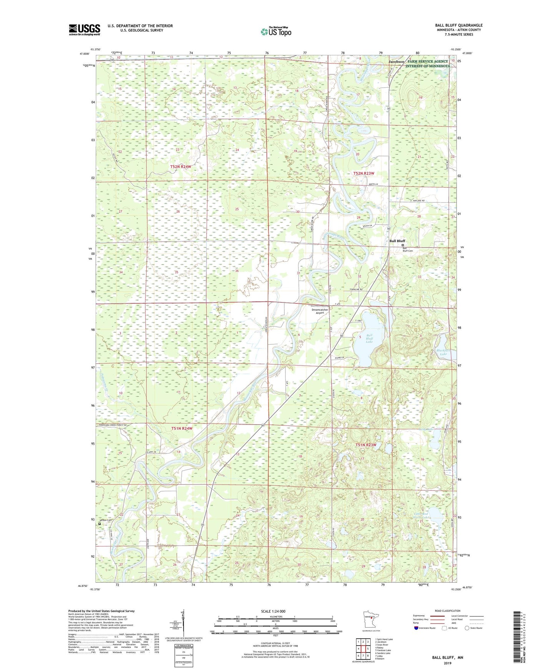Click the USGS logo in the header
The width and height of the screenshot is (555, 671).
pyautogui.click(x=84, y=30)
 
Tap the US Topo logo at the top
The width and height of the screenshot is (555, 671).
pyautogui.click(x=276, y=32)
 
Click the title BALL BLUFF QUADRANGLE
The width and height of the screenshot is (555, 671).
pyautogui.click(x=459, y=25)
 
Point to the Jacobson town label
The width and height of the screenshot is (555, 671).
pyautogui.click(x=396, y=61)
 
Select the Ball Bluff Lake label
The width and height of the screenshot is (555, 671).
pyautogui.click(x=369, y=338)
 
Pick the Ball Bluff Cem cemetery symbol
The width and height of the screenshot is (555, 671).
pyautogui.click(x=403, y=245)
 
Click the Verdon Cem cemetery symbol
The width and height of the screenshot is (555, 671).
pyautogui.click(x=99, y=523)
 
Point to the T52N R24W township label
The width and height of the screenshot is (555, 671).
pyautogui.click(x=181, y=167)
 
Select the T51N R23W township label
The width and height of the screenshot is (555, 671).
pyautogui.click(x=365, y=445)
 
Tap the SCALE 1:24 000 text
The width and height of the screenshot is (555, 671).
pyautogui.click(x=273, y=611)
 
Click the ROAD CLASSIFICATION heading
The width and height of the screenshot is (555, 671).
pyautogui.click(x=447, y=611)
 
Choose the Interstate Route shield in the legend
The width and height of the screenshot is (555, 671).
pyautogui.click(x=416, y=628)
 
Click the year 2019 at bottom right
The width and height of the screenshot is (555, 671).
pyautogui.click(x=447, y=663)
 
